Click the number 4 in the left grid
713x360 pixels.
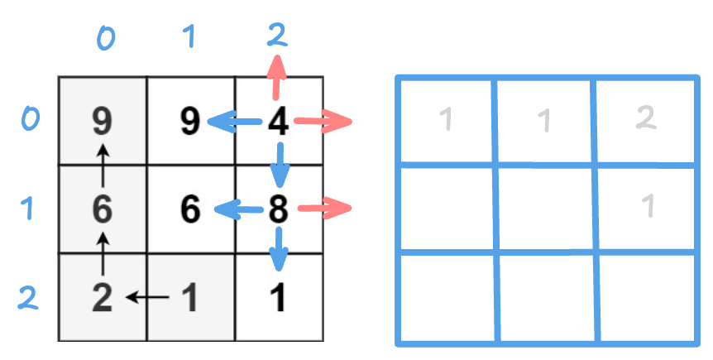pyautogui.click(x=279, y=122)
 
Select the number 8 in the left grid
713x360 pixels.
pyautogui.click(x=279, y=209)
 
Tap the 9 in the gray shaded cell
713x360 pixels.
pyautogui.click(x=102, y=122)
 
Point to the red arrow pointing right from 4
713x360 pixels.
pyautogui.click(x=323, y=122)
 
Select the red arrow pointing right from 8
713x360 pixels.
pyautogui.click(x=324, y=209)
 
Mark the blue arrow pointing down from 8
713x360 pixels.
pyautogui.click(x=280, y=248)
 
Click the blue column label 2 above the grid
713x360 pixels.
pyautogui.click(x=277, y=35)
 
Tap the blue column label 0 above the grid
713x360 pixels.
pyautogui.click(x=105, y=37)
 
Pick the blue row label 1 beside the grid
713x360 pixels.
pyautogui.click(x=28, y=209)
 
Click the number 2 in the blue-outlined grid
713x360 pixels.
pyautogui.click(x=646, y=118)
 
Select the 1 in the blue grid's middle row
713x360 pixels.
pyautogui.click(x=648, y=206)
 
